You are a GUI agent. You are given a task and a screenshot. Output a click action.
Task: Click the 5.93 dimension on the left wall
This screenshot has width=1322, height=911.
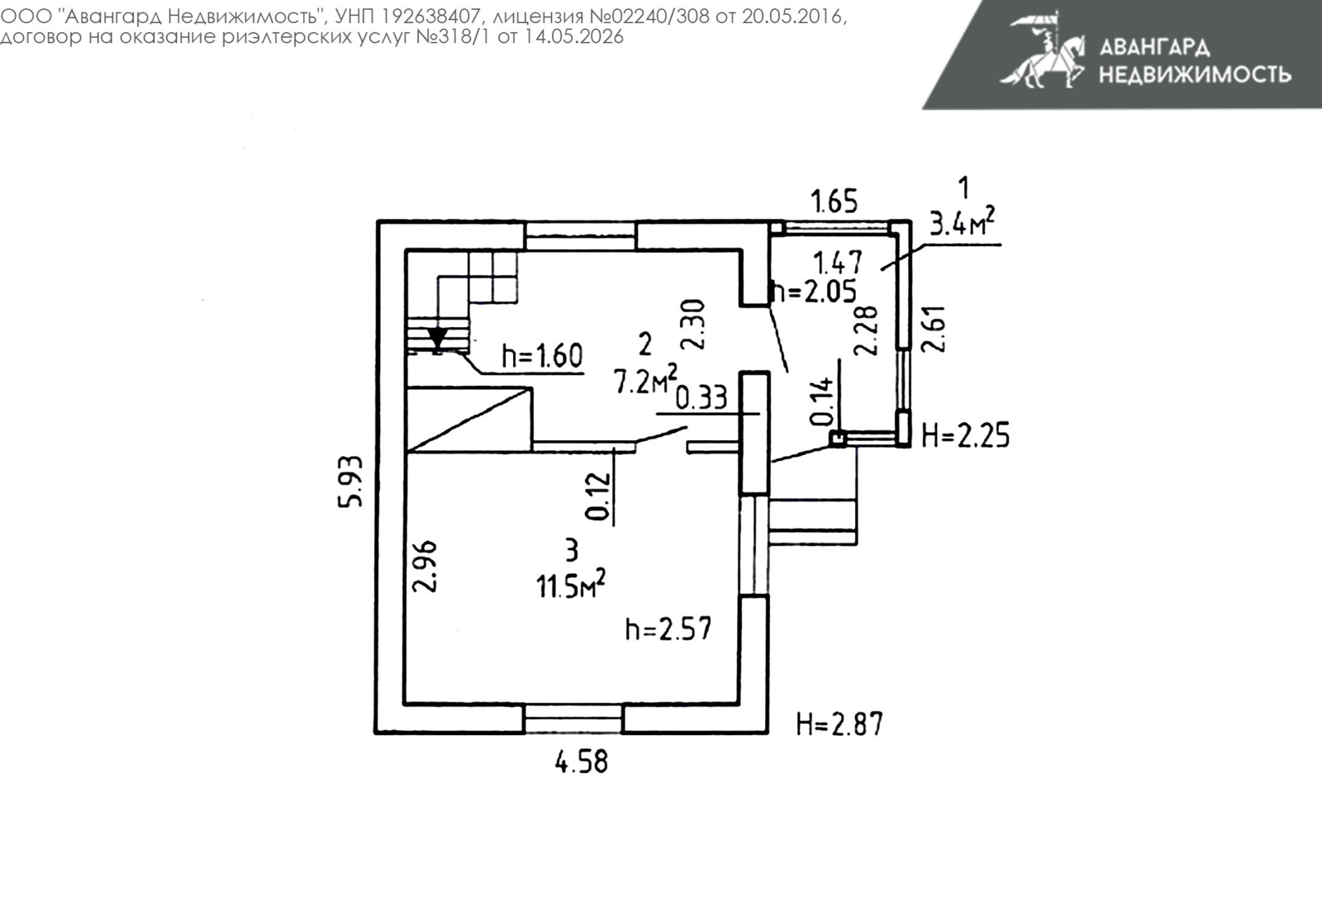click(350, 482)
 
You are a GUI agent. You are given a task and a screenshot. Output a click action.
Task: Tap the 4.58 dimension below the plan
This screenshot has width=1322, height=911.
click(582, 762)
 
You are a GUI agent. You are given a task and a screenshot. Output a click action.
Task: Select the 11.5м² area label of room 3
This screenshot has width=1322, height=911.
click(571, 584)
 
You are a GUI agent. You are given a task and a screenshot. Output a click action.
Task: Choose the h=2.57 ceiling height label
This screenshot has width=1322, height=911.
click(668, 629)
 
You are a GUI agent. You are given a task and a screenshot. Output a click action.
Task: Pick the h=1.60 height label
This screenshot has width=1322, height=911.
click(542, 355)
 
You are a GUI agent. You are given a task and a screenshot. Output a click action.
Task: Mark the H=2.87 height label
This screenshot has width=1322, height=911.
click(839, 724)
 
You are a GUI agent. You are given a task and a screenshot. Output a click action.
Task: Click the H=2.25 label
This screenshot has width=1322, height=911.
click(966, 435)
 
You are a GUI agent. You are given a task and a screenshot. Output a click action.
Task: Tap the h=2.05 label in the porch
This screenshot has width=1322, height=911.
click(815, 292)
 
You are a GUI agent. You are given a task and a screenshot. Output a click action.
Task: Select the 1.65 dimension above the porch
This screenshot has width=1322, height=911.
click(834, 202)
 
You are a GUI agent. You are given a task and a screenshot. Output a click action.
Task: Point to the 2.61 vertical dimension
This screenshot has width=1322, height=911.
click(933, 330)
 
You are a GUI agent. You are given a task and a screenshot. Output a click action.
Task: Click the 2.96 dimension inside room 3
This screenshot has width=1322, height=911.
click(425, 566)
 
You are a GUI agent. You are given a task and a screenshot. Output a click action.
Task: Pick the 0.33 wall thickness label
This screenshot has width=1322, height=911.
click(701, 397)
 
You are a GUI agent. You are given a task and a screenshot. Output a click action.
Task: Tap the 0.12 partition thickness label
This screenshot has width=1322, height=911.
click(597, 496)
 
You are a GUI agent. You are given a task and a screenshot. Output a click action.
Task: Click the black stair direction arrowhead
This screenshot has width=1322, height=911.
click(437, 338)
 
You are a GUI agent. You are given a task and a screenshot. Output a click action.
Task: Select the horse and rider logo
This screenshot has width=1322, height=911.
click(1042, 50)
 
